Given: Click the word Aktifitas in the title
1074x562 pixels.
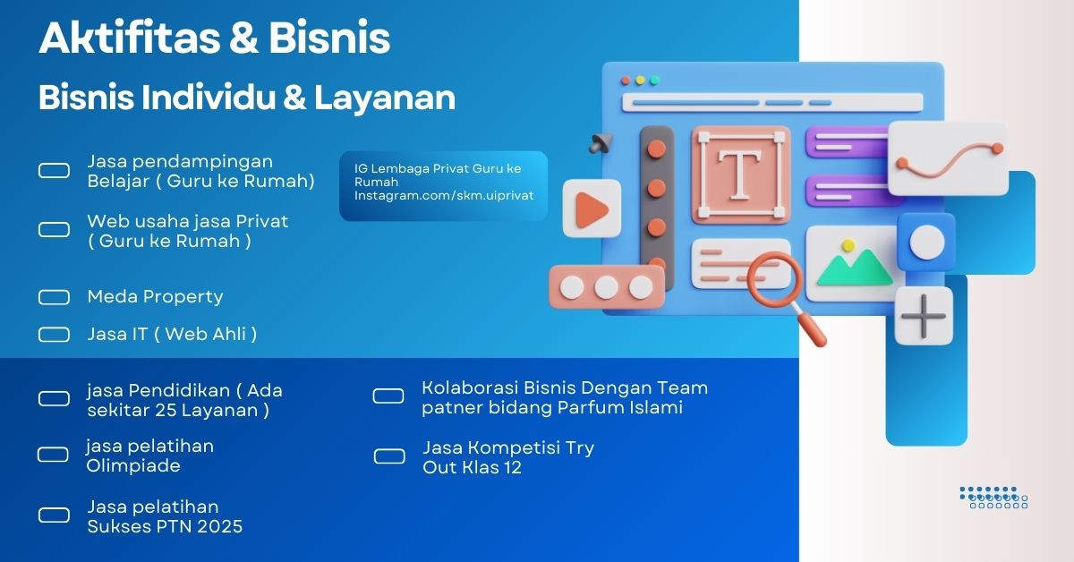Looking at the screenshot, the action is (130, 38).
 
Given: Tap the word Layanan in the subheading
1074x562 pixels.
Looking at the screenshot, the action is (385, 98).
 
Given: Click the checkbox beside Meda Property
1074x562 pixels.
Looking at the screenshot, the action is (54, 297).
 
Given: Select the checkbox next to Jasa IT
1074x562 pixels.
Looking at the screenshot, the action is (54, 334).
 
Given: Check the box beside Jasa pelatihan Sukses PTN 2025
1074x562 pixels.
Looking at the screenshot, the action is (54, 515).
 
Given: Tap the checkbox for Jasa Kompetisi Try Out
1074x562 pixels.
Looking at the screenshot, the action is (389, 456).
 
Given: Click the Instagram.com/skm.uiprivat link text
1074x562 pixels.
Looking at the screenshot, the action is (444, 196).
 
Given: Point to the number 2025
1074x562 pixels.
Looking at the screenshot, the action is (219, 526).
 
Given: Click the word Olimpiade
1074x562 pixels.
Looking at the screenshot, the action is (133, 465).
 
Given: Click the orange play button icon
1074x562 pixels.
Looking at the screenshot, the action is (592, 209).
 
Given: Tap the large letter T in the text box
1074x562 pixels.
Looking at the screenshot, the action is (741, 175).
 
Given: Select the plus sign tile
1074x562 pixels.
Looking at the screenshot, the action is (924, 317).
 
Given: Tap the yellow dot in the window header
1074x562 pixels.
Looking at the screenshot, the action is (640, 81).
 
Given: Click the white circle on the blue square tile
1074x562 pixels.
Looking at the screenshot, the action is (927, 243).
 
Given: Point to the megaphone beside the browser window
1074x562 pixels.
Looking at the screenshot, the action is (601, 143).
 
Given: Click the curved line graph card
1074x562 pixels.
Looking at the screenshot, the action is (948, 158).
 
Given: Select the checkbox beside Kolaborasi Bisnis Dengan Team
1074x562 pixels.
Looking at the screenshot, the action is (388, 396).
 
